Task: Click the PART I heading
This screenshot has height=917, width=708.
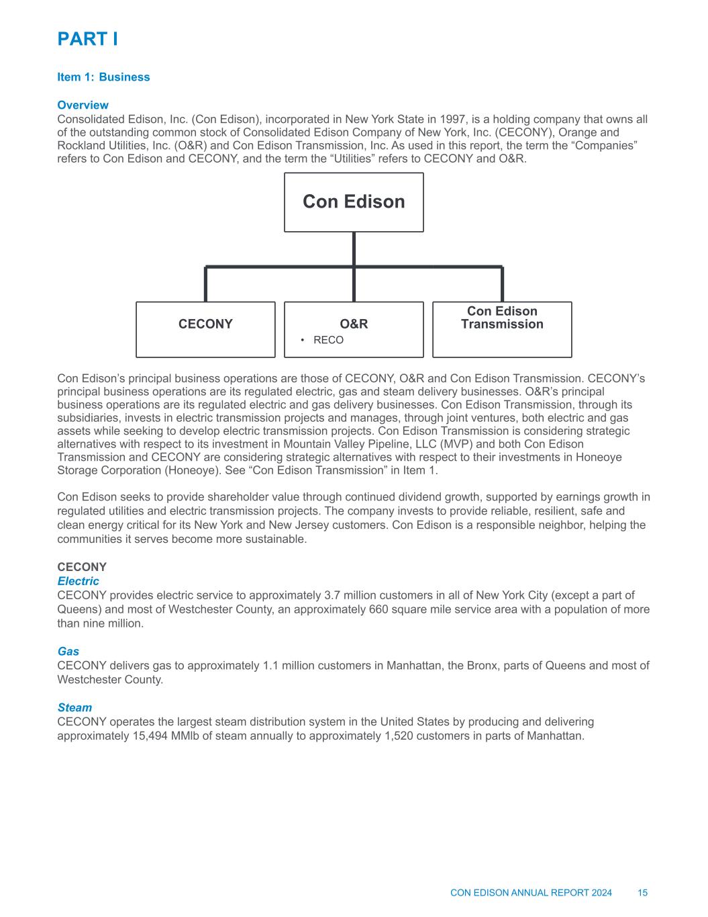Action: coord(88,39)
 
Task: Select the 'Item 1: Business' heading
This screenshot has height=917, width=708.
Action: coord(103,77)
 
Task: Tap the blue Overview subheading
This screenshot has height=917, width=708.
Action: coord(83,105)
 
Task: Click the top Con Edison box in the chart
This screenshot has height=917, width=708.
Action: coord(354,202)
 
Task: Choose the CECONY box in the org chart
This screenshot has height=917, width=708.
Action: coord(205,329)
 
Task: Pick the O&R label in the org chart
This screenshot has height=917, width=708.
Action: coord(354,324)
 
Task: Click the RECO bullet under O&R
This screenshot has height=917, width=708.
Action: coord(328,340)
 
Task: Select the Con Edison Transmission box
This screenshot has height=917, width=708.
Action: coord(502,329)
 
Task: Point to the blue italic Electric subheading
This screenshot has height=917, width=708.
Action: coord(78,581)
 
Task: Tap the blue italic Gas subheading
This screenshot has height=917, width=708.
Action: coord(68,651)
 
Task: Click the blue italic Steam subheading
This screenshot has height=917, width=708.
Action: coord(74,707)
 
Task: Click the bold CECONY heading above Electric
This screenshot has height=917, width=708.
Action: coord(82,568)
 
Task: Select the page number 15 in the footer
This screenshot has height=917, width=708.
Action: coord(642,893)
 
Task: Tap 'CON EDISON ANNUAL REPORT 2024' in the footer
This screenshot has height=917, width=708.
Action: coord(531,893)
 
